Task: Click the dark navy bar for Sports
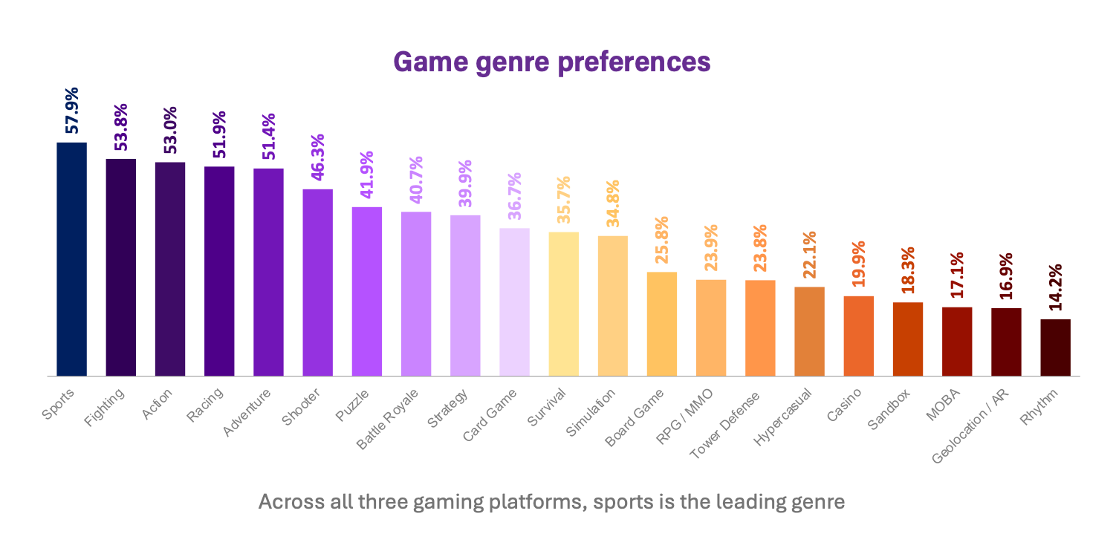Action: click(71, 259)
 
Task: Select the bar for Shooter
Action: click(317, 282)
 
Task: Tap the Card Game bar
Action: click(514, 301)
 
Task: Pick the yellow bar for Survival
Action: click(563, 304)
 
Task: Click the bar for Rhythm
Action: click(1055, 348)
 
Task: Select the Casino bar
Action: click(858, 336)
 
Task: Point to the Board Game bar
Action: click(661, 324)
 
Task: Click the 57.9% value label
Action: click(72, 111)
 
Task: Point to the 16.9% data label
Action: click(1006, 276)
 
